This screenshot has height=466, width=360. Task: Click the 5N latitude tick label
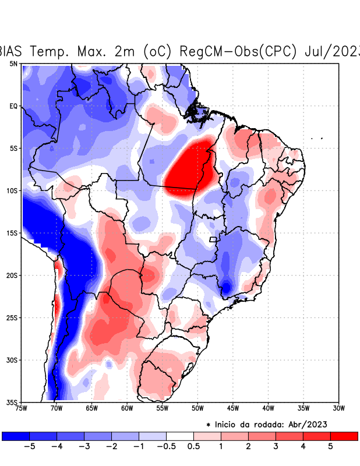point(13,63)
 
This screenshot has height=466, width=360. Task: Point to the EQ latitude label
point(13,106)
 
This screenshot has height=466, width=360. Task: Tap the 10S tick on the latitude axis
point(12,190)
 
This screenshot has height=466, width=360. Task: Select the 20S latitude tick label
point(12,275)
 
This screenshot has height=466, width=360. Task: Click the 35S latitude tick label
point(12,402)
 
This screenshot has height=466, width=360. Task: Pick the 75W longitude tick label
point(21,408)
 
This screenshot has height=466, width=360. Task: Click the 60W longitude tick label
point(126,408)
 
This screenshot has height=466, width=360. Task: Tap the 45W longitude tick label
point(232,408)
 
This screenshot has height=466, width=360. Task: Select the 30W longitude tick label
point(338,408)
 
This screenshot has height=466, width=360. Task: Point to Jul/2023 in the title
point(331,51)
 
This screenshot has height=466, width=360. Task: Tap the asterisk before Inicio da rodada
point(208,425)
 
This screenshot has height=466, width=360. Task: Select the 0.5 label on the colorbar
point(194,447)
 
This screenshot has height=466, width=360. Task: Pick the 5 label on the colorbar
point(330,447)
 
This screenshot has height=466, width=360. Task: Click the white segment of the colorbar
point(180,436)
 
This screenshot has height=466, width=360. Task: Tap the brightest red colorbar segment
point(344,436)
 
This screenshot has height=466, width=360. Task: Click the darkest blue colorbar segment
point(16,436)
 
